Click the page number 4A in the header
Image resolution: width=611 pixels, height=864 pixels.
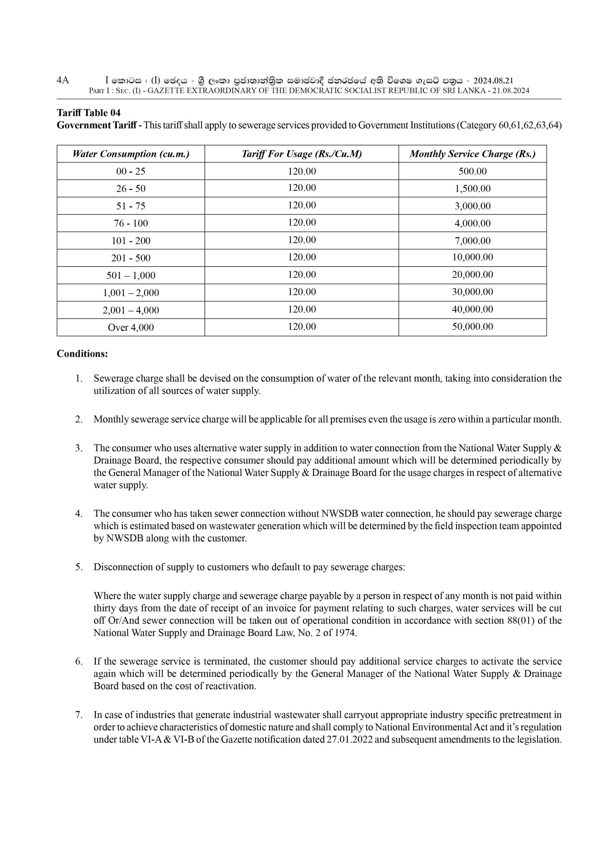(x=63, y=80)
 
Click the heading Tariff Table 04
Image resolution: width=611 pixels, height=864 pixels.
(x=88, y=113)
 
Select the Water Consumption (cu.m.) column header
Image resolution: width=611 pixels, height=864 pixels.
(x=131, y=154)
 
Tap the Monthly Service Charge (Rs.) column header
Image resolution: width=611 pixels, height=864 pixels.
(x=473, y=154)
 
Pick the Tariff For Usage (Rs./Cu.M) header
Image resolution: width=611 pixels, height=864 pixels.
(x=301, y=154)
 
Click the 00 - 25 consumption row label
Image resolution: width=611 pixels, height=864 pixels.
(x=131, y=171)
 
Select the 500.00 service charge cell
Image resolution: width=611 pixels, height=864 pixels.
(x=473, y=171)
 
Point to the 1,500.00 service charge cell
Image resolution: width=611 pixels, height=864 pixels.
(x=473, y=189)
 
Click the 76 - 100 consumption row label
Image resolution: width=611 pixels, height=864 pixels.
(x=131, y=223)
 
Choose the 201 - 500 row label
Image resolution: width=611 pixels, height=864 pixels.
(x=131, y=258)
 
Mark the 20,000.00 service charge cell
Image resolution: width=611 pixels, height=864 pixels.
(x=473, y=275)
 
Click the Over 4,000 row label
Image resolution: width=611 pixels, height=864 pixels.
(x=131, y=327)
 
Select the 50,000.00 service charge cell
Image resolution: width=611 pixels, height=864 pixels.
(x=473, y=327)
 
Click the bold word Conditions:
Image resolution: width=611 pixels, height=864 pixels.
(x=82, y=354)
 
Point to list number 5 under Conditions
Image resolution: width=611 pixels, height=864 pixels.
(x=79, y=567)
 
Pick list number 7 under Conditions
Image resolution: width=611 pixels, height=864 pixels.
(x=79, y=714)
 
